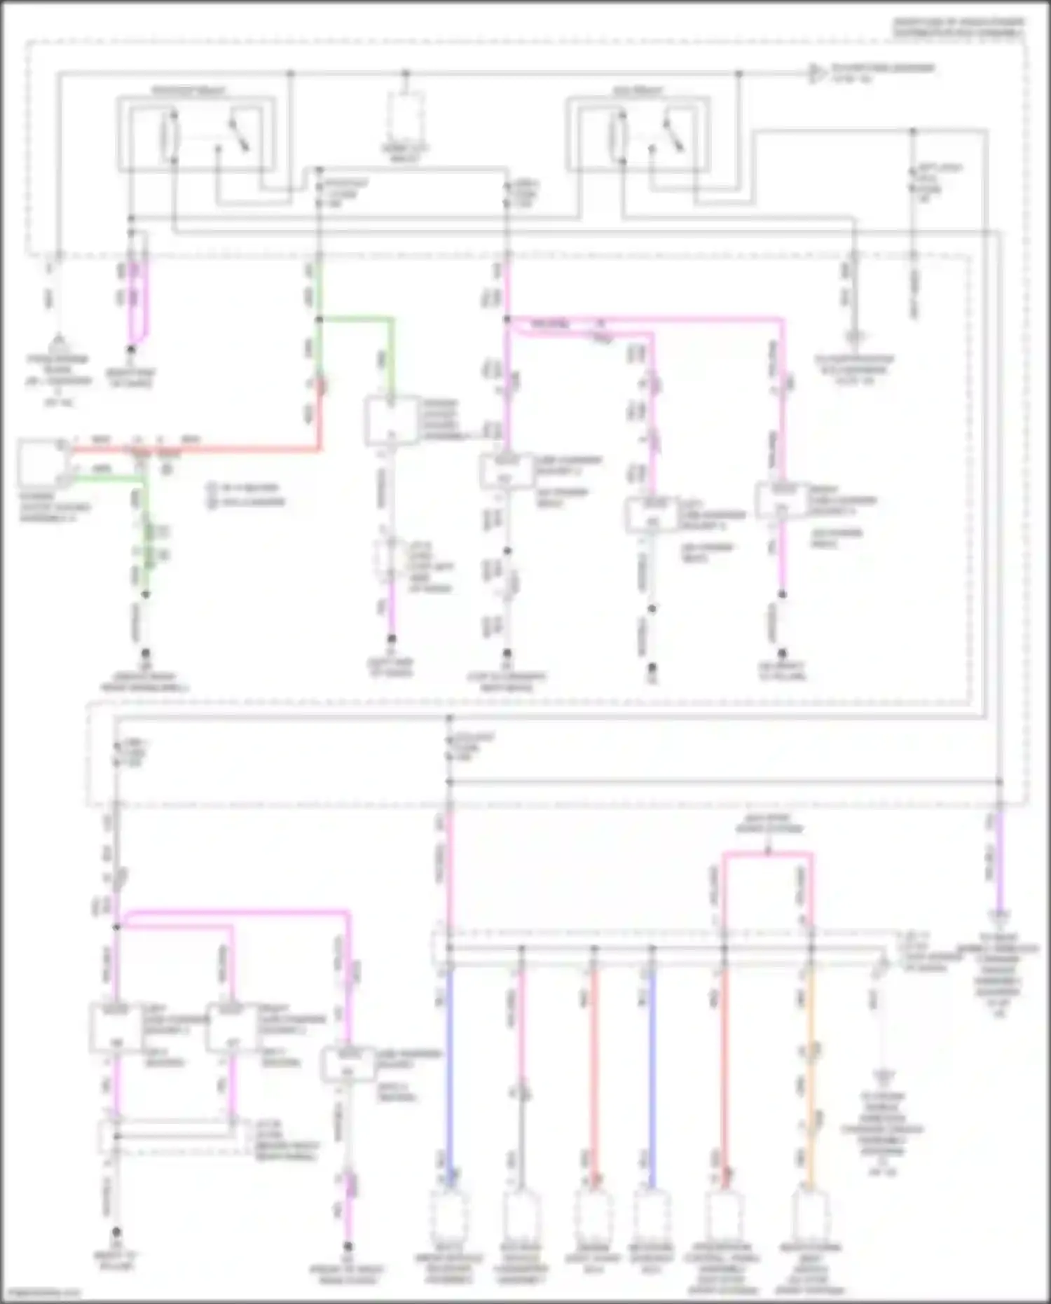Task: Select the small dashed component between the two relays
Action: [405, 116]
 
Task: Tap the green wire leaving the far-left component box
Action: [105, 479]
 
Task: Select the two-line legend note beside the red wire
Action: [245, 495]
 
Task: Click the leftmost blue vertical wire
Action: [449, 1072]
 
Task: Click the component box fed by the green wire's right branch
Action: [390, 420]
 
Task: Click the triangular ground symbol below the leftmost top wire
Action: [59, 341]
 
